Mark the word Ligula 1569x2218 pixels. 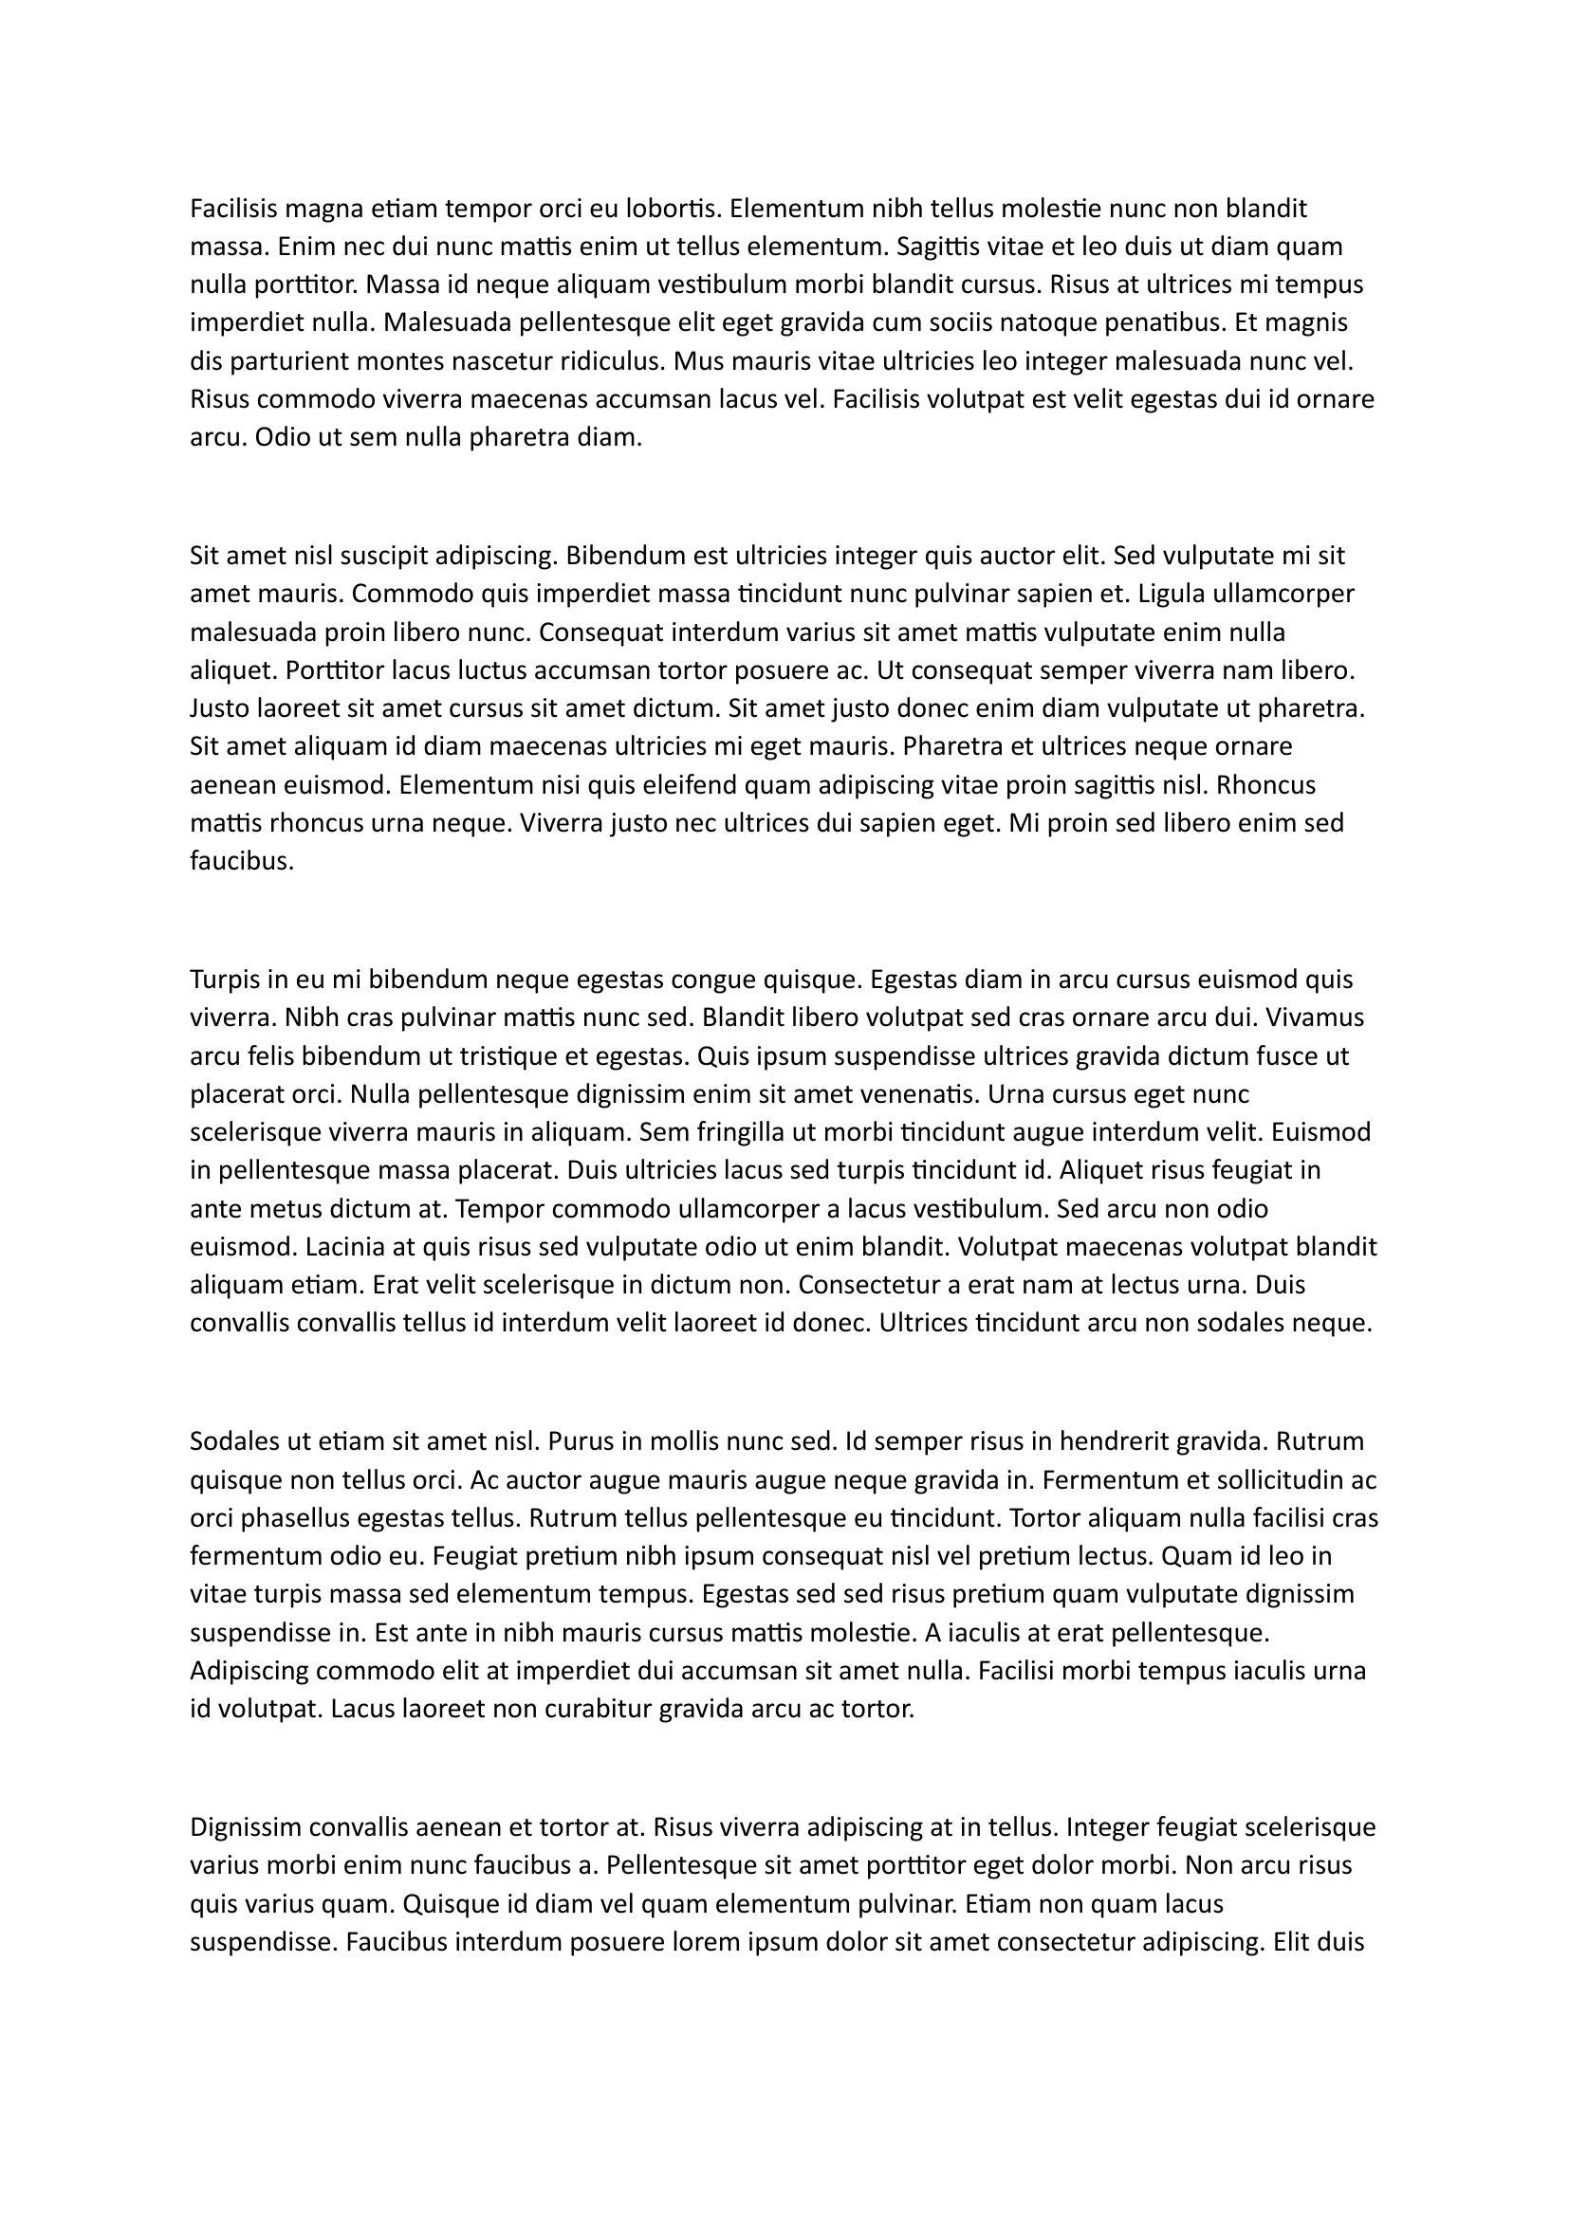[x=1181, y=595]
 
